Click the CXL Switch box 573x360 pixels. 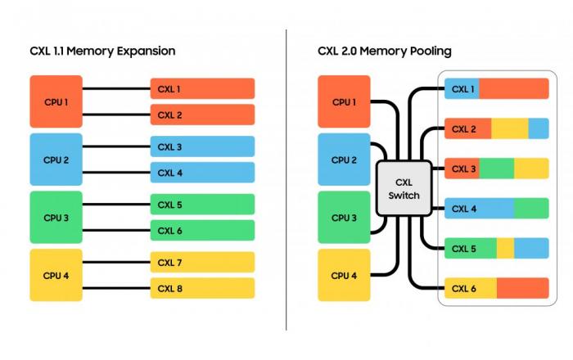404,188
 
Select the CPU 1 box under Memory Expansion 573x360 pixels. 56,101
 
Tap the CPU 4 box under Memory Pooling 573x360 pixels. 344,275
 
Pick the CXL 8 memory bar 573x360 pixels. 202,288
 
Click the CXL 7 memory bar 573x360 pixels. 202,262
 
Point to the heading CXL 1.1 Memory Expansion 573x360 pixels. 102,51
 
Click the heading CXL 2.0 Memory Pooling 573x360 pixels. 385,51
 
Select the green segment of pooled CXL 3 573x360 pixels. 497,169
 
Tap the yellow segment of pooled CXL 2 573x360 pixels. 510,128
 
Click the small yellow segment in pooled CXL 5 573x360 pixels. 505,248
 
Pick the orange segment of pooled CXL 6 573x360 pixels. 523,288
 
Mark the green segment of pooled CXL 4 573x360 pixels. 531,209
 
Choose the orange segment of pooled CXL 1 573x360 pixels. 514,88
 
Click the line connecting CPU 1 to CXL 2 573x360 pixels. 116,115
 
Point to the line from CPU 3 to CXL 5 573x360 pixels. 116,205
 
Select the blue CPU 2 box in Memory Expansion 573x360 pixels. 56,160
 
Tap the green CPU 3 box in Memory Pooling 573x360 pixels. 344,218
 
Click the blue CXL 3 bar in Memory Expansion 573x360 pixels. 202,146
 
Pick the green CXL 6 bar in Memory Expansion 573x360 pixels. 202,231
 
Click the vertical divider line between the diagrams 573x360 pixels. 286,180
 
